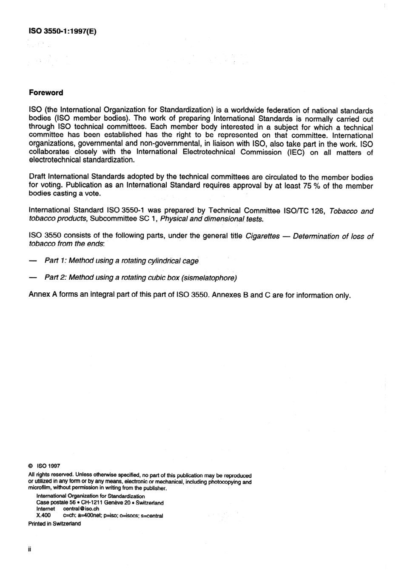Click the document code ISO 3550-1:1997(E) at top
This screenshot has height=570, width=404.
[x=62, y=31]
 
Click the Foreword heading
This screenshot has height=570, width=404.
[x=46, y=93]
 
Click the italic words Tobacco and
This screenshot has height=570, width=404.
[x=351, y=211]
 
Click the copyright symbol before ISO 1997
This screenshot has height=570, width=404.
[x=31, y=466]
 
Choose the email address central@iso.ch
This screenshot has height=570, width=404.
[x=81, y=509]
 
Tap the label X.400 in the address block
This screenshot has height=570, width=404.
[x=44, y=516]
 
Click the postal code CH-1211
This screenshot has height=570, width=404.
[x=91, y=503]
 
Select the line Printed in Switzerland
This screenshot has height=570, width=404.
[x=54, y=524]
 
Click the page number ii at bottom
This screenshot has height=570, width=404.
[x=30, y=549]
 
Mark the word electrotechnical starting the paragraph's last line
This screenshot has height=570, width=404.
[x=54, y=160]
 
